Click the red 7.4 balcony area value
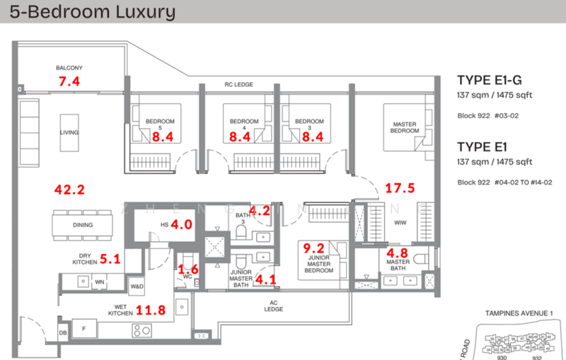coord(69,82)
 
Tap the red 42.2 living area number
coord(70,190)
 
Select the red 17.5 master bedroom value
coord(400,188)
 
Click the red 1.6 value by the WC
coord(188,268)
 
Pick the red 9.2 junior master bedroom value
coord(313,248)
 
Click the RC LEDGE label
coord(238,85)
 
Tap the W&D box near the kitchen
coord(137,286)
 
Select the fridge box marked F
coord(83,329)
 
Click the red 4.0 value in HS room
coord(182,225)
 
